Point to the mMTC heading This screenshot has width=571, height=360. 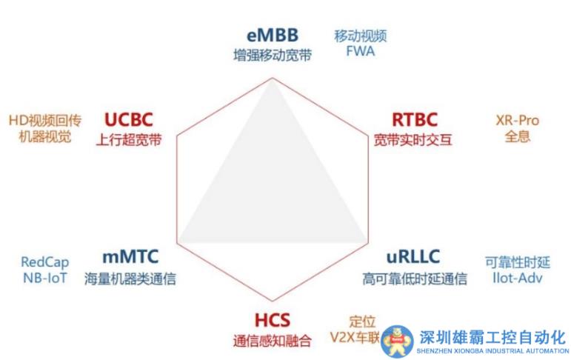[131, 259]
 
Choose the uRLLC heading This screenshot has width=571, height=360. [413, 259]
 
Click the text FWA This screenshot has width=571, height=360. [361, 53]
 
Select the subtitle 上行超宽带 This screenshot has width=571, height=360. [128, 139]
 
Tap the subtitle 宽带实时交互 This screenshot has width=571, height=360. [413, 139]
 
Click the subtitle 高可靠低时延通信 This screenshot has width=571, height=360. [415, 279]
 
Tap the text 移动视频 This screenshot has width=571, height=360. [361, 36]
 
